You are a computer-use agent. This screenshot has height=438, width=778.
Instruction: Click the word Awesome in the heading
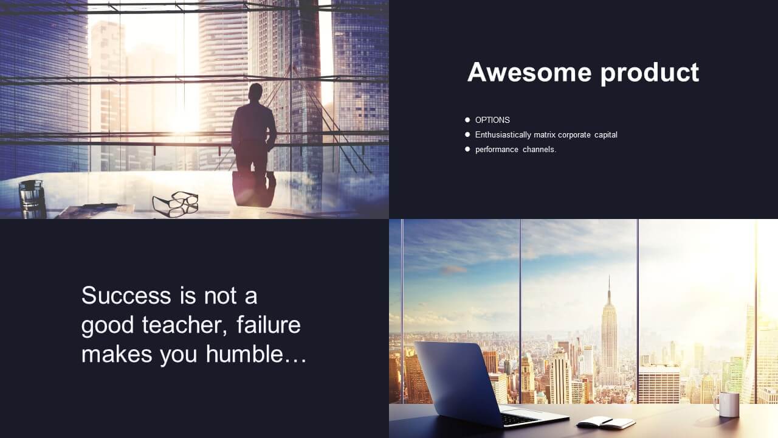pyautogui.click(x=529, y=72)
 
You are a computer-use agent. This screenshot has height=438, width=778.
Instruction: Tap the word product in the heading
pyautogui.click(x=650, y=74)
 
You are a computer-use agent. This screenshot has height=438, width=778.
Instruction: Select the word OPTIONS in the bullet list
pyautogui.click(x=492, y=120)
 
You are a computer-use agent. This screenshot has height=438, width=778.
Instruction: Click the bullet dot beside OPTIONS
pyautogui.click(x=467, y=120)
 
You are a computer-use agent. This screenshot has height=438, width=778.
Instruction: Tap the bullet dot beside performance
pyautogui.click(x=467, y=149)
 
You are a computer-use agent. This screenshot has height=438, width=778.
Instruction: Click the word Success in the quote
pyautogui.click(x=126, y=296)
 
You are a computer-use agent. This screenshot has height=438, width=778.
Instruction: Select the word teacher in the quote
pyautogui.click(x=184, y=325)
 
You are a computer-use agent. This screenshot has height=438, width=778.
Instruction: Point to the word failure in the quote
pyautogui.click(x=269, y=325)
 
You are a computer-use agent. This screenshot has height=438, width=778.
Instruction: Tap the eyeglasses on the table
pyautogui.click(x=176, y=203)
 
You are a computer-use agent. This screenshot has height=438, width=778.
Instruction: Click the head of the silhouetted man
pyautogui.click(x=256, y=92)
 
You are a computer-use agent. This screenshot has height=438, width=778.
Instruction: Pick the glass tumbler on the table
pyautogui.click(x=32, y=198)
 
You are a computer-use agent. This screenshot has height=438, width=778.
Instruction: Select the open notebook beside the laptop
pyautogui.click(x=606, y=423)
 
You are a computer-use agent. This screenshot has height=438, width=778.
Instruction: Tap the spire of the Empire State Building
pyautogui.click(x=609, y=288)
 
